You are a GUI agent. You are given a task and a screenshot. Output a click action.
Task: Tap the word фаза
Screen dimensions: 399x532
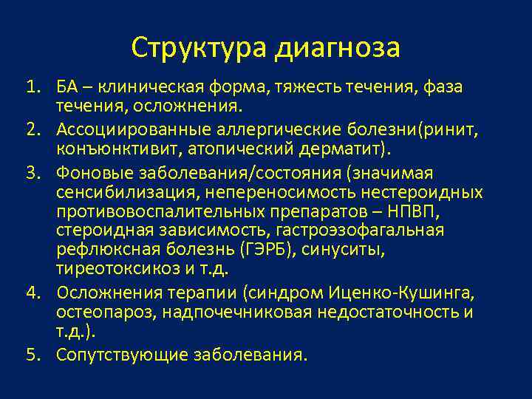coord(441,87)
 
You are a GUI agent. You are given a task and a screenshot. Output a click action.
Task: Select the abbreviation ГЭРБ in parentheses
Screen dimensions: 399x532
coord(270,249)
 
